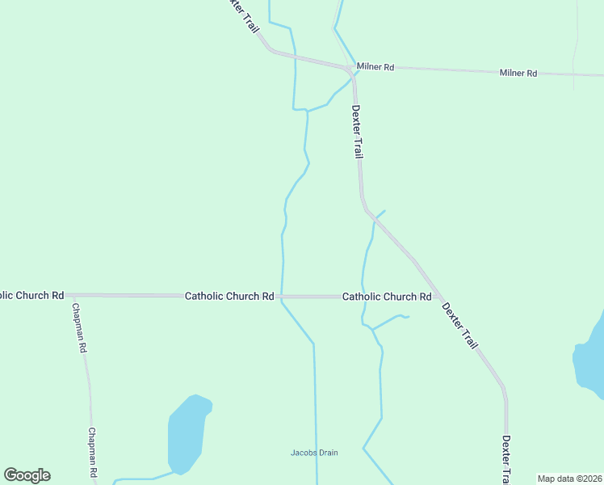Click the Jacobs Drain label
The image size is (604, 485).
(314, 453)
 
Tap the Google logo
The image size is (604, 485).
(27, 475)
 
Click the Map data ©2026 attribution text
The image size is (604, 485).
(569, 479)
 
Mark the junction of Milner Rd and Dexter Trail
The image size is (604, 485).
(352, 70)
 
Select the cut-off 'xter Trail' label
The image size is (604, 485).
(244, 15)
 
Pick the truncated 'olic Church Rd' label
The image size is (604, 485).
(31, 296)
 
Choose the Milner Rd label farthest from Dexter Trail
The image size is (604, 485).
(518, 73)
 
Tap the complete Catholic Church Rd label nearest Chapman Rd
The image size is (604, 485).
(229, 297)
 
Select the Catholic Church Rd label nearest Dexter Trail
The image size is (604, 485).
(387, 297)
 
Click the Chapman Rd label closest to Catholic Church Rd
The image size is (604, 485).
(79, 328)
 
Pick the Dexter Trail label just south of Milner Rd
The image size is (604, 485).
(357, 131)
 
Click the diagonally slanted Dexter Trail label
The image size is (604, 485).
(460, 325)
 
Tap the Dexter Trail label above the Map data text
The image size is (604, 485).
(506, 459)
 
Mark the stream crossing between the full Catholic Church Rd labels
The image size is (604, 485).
(282, 297)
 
